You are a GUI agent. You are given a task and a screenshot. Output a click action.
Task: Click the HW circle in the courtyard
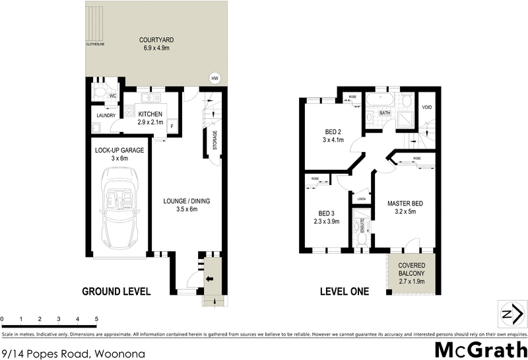[214, 78]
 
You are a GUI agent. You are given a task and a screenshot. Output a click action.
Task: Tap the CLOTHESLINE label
[95, 44]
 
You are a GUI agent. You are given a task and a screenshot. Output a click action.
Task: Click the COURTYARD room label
[156, 40]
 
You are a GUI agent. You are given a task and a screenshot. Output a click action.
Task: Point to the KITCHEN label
[150, 114]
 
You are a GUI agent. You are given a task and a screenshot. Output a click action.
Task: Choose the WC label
[113, 96]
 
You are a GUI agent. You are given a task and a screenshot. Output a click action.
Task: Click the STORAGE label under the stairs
[214, 141]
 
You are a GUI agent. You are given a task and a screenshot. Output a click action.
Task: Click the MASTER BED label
[405, 203]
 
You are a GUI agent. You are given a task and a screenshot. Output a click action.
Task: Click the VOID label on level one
[427, 107]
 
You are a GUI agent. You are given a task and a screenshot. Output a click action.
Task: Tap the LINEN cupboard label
[361, 198]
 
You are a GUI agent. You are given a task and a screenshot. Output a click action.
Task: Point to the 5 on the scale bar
[96, 319]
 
